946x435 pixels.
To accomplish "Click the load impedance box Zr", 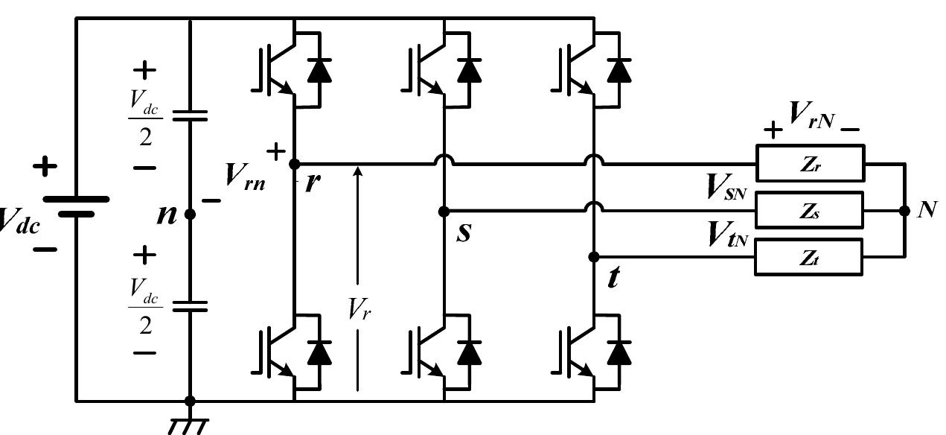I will click(810, 164).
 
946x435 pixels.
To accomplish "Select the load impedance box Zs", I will click(810, 211).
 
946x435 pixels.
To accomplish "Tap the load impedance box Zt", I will click(810, 258).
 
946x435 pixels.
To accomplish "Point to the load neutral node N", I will click(904, 211).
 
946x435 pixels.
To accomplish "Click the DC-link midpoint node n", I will click(190, 214).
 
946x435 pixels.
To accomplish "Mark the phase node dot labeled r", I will click(294, 164).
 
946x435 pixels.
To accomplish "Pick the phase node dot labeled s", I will click(444, 211).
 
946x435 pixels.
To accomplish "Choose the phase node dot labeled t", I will click(593, 257).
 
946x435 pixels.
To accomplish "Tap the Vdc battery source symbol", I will click(76, 206).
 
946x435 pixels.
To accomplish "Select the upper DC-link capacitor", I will click(190, 115).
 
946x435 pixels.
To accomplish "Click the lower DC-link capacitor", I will click(190, 305).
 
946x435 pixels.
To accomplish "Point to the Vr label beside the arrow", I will click(359, 309).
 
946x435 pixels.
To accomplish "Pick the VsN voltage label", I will click(726, 188).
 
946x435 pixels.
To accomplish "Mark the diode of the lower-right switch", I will click(619, 351).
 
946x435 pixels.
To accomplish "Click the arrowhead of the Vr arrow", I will click(358, 172).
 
